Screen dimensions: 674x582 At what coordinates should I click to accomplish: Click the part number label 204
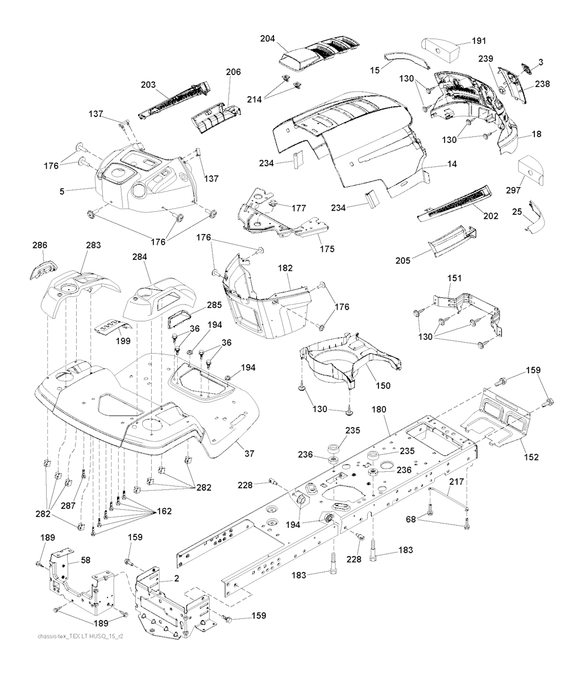(x=267, y=39)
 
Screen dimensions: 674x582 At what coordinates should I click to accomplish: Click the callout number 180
(x=379, y=409)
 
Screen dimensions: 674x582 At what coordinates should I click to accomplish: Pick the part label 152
(x=532, y=457)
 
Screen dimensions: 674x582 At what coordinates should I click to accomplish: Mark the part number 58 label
(x=86, y=560)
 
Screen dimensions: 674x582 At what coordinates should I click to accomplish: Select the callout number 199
(x=122, y=341)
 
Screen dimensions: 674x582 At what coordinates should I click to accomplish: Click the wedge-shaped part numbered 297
(x=533, y=171)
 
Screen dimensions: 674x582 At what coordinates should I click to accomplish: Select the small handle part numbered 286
(x=39, y=269)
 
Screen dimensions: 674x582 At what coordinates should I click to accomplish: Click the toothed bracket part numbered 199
(x=112, y=325)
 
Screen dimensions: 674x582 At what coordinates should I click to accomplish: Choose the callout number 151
(x=455, y=278)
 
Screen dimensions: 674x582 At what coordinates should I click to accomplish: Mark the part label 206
(x=233, y=72)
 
